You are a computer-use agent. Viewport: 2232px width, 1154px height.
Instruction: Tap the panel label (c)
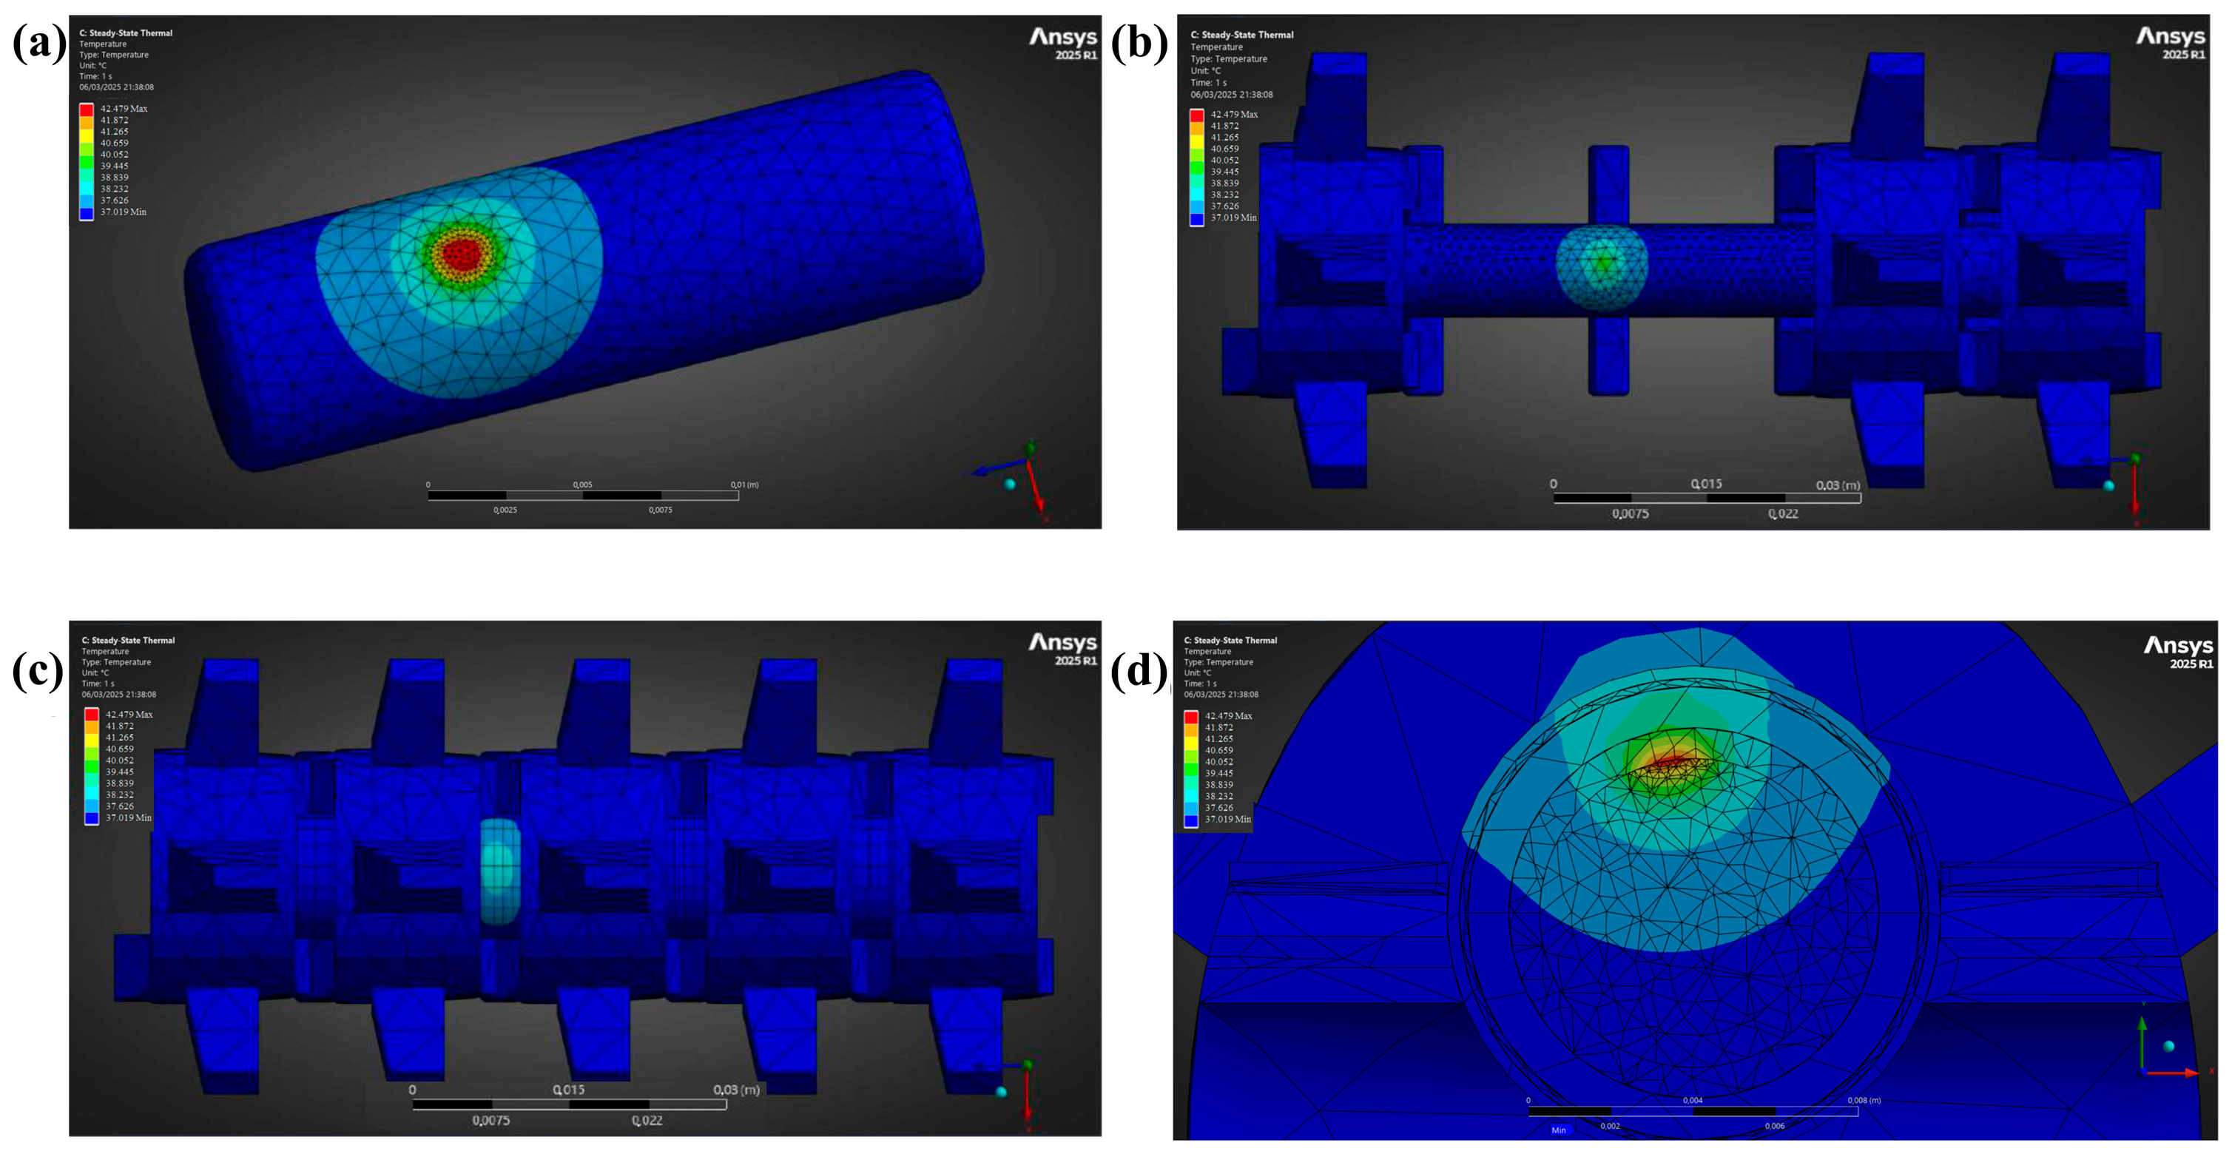[38, 669]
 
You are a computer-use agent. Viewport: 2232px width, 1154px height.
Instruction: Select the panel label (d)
[1139, 669]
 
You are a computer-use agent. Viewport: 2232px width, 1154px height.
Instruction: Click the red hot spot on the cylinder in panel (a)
[461, 254]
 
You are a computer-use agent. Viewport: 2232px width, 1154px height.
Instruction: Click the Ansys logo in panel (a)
[1063, 42]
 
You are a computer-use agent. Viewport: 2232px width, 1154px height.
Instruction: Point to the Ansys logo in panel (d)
[2177, 651]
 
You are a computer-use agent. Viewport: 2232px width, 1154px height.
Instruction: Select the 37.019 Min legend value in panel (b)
[1233, 217]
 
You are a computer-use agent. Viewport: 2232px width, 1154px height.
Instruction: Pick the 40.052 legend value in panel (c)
[120, 760]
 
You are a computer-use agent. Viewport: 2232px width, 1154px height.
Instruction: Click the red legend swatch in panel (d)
[1191, 717]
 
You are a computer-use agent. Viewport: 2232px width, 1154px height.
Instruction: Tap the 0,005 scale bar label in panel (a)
[582, 485]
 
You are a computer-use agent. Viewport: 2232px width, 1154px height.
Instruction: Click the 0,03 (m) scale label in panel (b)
[1838, 485]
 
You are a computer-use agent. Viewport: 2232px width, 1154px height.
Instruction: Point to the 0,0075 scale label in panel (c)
[490, 1120]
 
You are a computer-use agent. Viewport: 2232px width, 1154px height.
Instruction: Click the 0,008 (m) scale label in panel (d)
[1864, 1100]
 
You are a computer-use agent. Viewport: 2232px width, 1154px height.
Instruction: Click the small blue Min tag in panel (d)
[1558, 1130]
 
